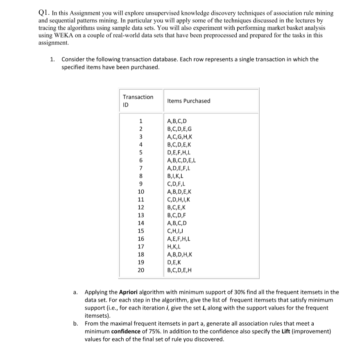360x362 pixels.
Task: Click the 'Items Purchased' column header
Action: [x=189, y=101]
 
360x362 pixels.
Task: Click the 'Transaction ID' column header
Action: [x=138, y=101]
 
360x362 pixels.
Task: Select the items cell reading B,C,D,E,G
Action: [x=180, y=129]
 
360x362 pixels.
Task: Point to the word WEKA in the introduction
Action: [x=61, y=36]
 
